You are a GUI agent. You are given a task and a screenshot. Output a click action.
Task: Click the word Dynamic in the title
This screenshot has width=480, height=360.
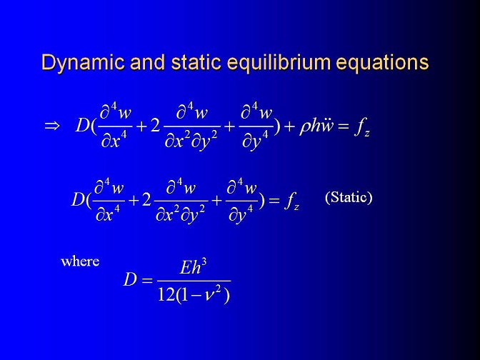click(x=83, y=63)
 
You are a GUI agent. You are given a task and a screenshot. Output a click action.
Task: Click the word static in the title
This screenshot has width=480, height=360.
click(x=196, y=62)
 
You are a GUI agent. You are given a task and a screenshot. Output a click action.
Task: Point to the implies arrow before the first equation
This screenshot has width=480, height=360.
click(x=51, y=126)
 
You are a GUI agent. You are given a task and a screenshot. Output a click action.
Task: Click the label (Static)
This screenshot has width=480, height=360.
click(x=349, y=197)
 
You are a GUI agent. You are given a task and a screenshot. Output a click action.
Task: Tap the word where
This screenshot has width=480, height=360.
click(x=80, y=261)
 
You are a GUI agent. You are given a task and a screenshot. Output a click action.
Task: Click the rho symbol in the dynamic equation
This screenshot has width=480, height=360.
click(x=304, y=127)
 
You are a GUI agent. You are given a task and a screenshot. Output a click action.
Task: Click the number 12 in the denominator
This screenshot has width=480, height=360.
click(x=167, y=295)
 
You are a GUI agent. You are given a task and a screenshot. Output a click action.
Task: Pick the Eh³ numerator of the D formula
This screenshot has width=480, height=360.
click(x=193, y=267)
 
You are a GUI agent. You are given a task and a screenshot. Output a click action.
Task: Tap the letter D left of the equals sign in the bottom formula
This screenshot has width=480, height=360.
click(x=130, y=279)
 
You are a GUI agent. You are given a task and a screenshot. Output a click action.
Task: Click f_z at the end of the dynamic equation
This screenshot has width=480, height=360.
click(x=362, y=127)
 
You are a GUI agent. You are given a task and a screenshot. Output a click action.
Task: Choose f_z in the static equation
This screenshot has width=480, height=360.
click(x=291, y=202)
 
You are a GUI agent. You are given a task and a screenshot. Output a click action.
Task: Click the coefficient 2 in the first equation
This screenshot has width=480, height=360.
click(x=155, y=126)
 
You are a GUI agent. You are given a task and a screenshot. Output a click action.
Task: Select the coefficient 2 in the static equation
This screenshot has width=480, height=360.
click(x=146, y=200)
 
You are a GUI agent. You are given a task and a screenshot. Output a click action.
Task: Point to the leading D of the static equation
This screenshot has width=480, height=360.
click(x=78, y=200)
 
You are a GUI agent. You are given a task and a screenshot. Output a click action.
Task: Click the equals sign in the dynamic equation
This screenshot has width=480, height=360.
click(x=344, y=126)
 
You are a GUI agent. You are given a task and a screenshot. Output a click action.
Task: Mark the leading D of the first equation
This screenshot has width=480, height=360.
click(x=82, y=125)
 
